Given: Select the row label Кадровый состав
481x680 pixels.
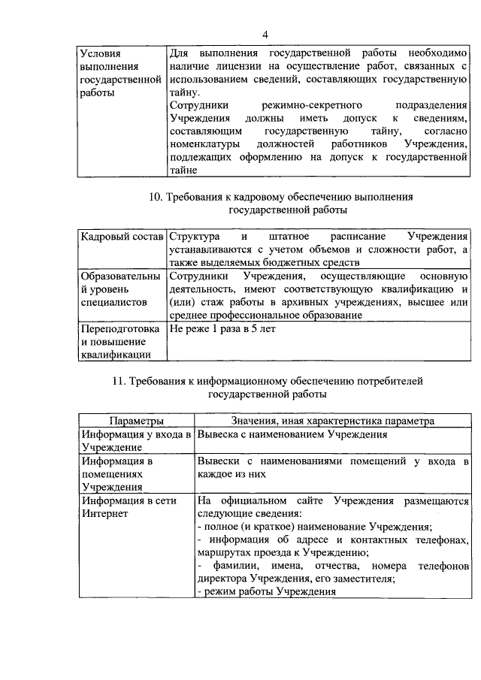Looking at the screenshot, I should (121, 236).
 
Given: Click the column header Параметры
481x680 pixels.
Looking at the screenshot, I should (136, 422).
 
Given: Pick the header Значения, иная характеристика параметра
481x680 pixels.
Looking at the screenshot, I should (332, 422).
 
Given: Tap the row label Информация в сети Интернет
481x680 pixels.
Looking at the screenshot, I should (117, 507).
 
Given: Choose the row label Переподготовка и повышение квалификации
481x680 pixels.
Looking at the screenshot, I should (120, 342).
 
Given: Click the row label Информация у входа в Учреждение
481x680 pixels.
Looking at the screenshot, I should (136, 440).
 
